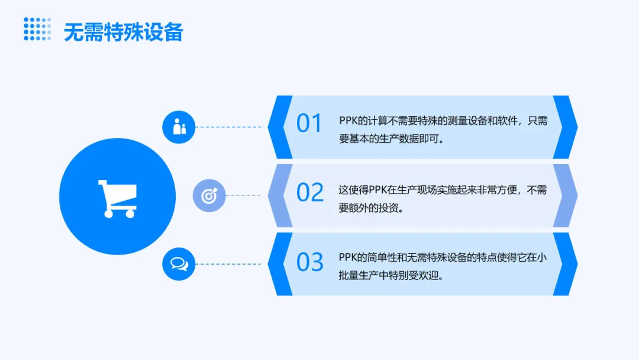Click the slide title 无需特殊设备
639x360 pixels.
[124, 32]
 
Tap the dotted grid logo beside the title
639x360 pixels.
[37, 29]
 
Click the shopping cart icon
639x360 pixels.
[117, 198]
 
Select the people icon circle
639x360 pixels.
[179, 127]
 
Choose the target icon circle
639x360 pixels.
[209, 196]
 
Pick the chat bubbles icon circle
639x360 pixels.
[179, 263]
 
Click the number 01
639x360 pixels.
[309, 123]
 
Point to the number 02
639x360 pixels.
[309, 192]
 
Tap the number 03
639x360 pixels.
[309, 262]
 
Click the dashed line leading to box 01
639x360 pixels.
[228, 127]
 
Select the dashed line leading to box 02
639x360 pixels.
[243, 196]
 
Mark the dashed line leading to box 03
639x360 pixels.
[228, 263]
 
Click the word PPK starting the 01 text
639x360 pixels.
[348, 121]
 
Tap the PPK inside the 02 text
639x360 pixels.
[377, 190]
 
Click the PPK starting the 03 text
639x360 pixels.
[348, 257]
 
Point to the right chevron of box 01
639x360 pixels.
[565, 127]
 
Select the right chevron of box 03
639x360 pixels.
[565, 263]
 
